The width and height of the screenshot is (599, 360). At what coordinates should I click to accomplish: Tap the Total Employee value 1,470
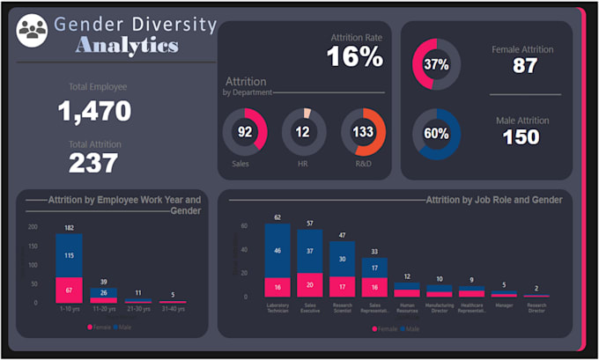tap(94, 111)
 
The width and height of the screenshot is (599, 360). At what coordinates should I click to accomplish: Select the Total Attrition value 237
tap(93, 162)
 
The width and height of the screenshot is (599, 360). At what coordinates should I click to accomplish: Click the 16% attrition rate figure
tap(355, 57)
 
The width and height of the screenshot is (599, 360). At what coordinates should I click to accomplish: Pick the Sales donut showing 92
tap(245, 131)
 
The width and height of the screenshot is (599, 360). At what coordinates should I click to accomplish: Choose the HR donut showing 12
tap(304, 131)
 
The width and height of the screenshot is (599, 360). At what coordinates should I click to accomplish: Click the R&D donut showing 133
tap(363, 131)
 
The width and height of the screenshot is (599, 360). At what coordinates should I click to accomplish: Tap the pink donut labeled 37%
tap(436, 64)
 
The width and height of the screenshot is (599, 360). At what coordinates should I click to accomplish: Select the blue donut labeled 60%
tap(436, 134)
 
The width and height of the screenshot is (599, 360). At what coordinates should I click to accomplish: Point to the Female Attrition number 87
tap(525, 66)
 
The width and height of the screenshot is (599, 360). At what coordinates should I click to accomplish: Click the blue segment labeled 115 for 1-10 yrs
tap(69, 255)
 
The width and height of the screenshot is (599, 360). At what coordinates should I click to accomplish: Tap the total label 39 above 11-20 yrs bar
tap(103, 281)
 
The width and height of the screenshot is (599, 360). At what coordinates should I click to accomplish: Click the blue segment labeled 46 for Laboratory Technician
tap(277, 251)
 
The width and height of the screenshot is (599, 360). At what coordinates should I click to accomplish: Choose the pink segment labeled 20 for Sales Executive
tap(309, 285)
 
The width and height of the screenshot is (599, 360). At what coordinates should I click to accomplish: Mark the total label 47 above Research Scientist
tap(342, 235)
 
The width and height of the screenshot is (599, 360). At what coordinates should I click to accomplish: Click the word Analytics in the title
tap(127, 46)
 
